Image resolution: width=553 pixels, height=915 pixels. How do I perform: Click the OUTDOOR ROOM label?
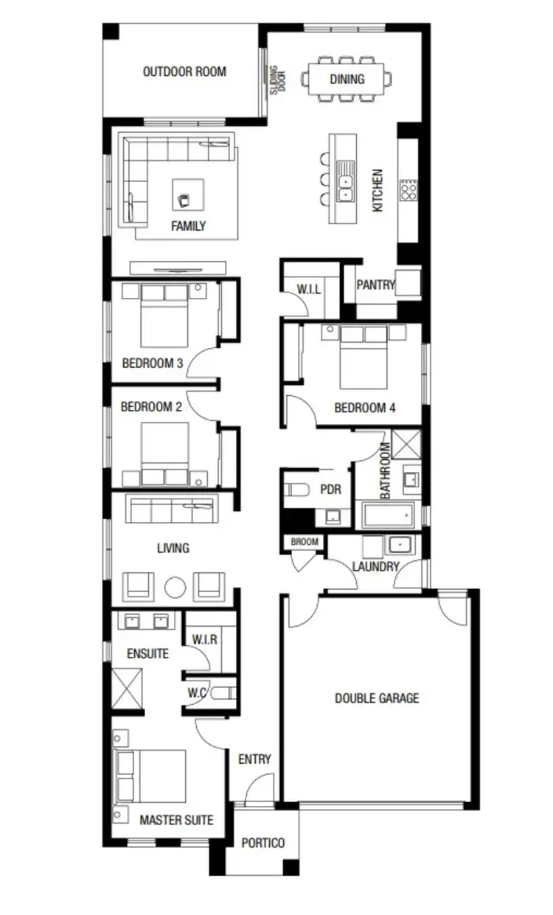(x=184, y=72)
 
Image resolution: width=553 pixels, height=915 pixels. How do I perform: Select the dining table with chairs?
(x=347, y=79)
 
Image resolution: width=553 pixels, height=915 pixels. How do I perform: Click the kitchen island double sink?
(x=344, y=184)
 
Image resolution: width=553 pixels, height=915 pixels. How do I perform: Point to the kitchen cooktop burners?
(x=408, y=190)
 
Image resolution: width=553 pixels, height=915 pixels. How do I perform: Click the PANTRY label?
(x=375, y=285)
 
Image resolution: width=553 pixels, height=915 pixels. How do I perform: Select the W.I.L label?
(x=308, y=289)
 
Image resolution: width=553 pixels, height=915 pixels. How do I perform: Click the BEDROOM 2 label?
(x=151, y=406)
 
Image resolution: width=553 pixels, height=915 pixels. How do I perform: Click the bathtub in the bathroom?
(x=388, y=515)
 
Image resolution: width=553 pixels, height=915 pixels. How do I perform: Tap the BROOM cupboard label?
(x=305, y=542)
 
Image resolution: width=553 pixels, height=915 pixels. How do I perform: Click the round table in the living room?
(x=175, y=588)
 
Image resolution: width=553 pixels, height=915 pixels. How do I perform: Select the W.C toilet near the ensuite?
(x=227, y=693)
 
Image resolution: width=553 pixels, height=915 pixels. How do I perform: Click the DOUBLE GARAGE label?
(x=377, y=697)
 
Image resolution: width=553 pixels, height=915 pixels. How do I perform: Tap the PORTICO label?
(x=263, y=843)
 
